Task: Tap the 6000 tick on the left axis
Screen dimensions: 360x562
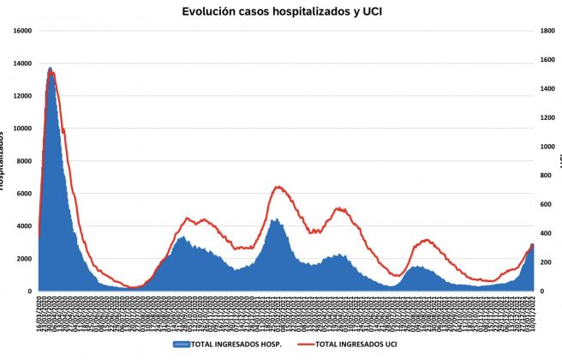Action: click(x=24, y=194)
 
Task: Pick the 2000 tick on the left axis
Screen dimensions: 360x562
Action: click(x=24, y=259)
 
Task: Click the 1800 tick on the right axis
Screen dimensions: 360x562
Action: click(x=547, y=31)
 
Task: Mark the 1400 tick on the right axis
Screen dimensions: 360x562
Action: click(x=547, y=88)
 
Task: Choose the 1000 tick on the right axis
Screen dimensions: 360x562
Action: click(x=547, y=147)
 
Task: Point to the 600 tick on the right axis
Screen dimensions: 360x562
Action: click(x=546, y=204)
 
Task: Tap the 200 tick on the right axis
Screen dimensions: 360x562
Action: click(x=546, y=262)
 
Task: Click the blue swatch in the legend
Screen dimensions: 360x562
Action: click(x=181, y=345)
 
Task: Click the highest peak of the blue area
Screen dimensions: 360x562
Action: click(x=50, y=68)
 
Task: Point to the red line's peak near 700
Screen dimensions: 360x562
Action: click(x=278, y=187)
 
